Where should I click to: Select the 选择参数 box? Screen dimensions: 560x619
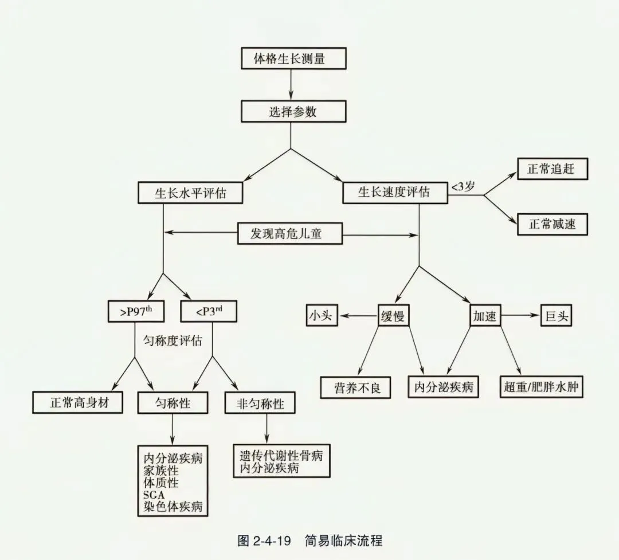[x=292, y=111]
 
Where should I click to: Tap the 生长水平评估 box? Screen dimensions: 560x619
[x=190, y=193]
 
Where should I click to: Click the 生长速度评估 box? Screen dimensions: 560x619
[x=394, y=193]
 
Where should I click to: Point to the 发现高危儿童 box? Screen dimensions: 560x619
[x=289, y=234]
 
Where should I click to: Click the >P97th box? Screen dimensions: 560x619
[x=136, y=311]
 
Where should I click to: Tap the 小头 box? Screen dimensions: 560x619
[x=321, y=315]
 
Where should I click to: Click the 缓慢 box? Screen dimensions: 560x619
[x=393, y=316]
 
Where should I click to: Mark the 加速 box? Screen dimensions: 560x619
[x=484, y=316]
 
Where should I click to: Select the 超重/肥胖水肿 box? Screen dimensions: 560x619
[x=540, y=387]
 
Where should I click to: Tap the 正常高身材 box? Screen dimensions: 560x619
[x=79, y=402]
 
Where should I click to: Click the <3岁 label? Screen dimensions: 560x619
[x=463, y=187]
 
